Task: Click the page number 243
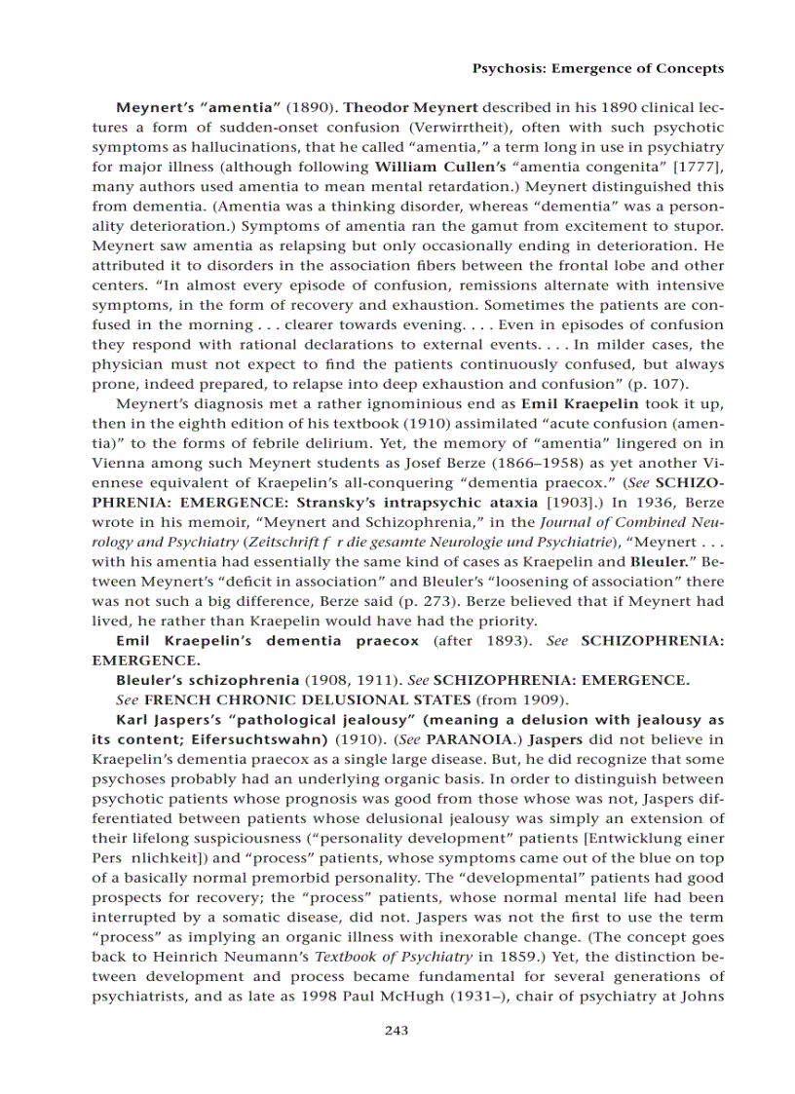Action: pos(397,1031)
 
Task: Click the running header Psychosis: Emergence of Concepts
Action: pos(597,68)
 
